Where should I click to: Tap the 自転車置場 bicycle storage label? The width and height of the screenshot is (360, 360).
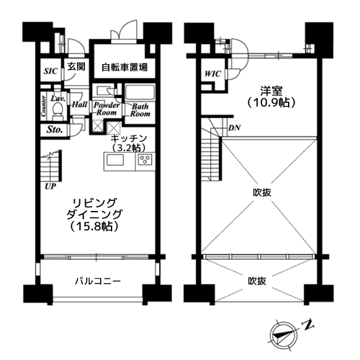(124, 68)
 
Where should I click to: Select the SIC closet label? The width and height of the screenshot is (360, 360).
(50, 71)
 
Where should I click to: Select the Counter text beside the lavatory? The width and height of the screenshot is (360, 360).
(43, 107)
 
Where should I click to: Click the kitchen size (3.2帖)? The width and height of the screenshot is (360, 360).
(130, 147)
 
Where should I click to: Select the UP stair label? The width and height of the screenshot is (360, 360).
(50, 185)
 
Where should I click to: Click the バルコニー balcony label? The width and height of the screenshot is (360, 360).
(96, 280)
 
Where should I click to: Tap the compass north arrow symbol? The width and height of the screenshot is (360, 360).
(282, 332)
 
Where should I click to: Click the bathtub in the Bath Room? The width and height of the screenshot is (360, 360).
(140, 93)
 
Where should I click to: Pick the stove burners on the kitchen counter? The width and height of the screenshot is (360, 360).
(140, 160)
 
